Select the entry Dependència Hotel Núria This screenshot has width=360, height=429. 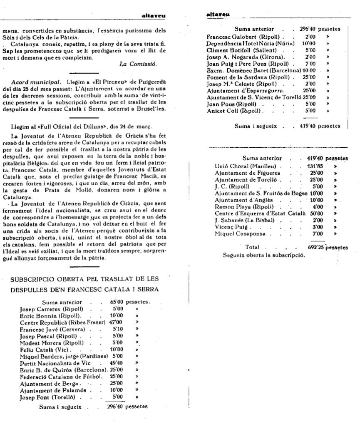[x=250, y=43]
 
